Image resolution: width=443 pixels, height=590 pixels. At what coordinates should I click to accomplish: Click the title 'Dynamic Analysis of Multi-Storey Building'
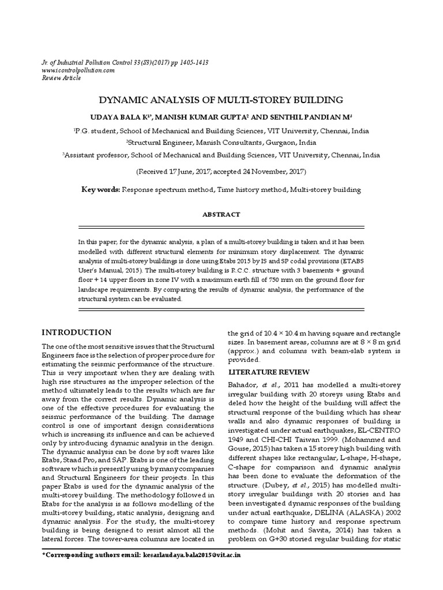click(x=221, y=99)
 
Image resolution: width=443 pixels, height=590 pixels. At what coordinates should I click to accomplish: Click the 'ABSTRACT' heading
click(x=221, y=214)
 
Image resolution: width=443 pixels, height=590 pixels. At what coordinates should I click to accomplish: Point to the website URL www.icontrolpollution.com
click(x=78, y=70)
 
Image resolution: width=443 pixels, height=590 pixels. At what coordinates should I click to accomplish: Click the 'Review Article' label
click(x=61, y=78)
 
